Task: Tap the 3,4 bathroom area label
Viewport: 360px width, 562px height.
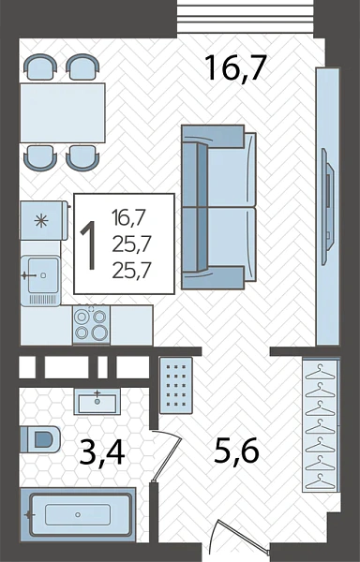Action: [x=102, y=453]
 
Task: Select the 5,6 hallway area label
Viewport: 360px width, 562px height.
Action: [x=236, y=451]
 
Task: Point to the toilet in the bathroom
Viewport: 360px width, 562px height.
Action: [x=39, y=439]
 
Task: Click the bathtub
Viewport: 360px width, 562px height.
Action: [x=78, y=514]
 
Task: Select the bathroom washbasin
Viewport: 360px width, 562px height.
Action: [x=97, y=402]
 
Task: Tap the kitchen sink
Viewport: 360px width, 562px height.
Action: [x=40, y=280]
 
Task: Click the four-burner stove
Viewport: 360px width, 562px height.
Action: [x=91, y=325]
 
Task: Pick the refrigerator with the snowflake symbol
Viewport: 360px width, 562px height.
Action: [x=43, y=220]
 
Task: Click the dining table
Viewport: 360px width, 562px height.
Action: [x=63, y=113]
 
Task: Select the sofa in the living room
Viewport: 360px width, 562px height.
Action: [x=218, y=207]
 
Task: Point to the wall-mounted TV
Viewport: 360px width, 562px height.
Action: [x=328, y=206]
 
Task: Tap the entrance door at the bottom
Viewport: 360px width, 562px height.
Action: [x=240, y=539]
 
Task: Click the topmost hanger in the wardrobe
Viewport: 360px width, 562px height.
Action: [x=320, y=371]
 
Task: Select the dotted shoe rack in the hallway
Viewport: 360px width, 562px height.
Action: [x=175, y=385]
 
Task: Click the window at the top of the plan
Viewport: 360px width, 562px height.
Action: [x=246, y=17]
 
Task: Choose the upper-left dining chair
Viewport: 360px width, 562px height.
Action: [x=40, y=67]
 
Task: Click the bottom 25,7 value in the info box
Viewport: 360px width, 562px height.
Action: [x=131, y=271]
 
